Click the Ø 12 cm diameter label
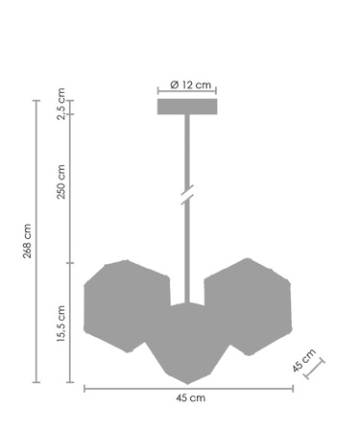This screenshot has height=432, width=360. [188, 84]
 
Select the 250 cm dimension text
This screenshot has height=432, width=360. [60, 182]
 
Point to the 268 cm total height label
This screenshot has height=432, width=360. [28, 241]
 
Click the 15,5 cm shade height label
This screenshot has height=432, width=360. [60, 324]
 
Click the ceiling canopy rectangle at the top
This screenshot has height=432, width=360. [188, 106]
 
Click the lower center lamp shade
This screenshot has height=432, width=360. [188, 344]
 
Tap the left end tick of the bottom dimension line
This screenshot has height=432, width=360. [84, 388]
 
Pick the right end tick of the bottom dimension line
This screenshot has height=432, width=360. [293, 388]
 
